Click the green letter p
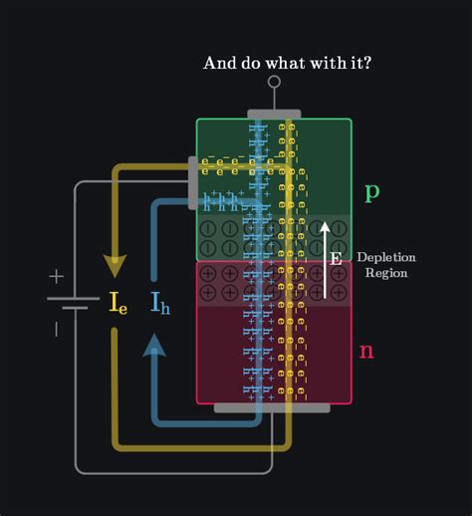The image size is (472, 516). (x=371, y=191)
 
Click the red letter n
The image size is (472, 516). (x=366, y=350)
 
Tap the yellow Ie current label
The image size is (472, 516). (x=118, y=303)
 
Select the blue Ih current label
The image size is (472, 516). (x=159, y=303)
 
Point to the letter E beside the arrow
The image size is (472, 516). (x=337, y=259)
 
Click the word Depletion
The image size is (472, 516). (x=385, y=257)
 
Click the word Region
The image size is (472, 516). (x=385, y=273)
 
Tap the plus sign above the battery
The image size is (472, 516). (x=57, y=277)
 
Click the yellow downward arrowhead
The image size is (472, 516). (x=117, y=265)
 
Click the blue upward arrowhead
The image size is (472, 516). (x=154, y=345)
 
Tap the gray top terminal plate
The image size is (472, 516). (x=274, y=115)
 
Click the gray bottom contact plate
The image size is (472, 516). (x=273, y=407)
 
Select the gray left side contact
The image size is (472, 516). (x=192, y=182)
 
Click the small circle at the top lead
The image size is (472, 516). (x=274, y=83)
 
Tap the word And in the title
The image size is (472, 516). (x=219, y=63)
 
